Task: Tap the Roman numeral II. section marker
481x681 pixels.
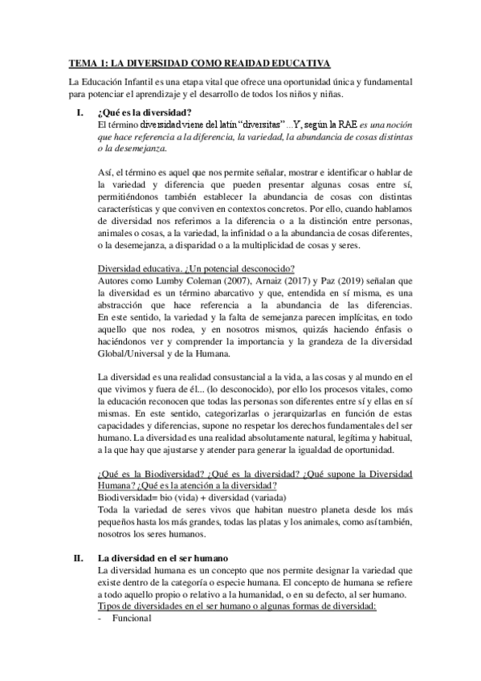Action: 77,557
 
